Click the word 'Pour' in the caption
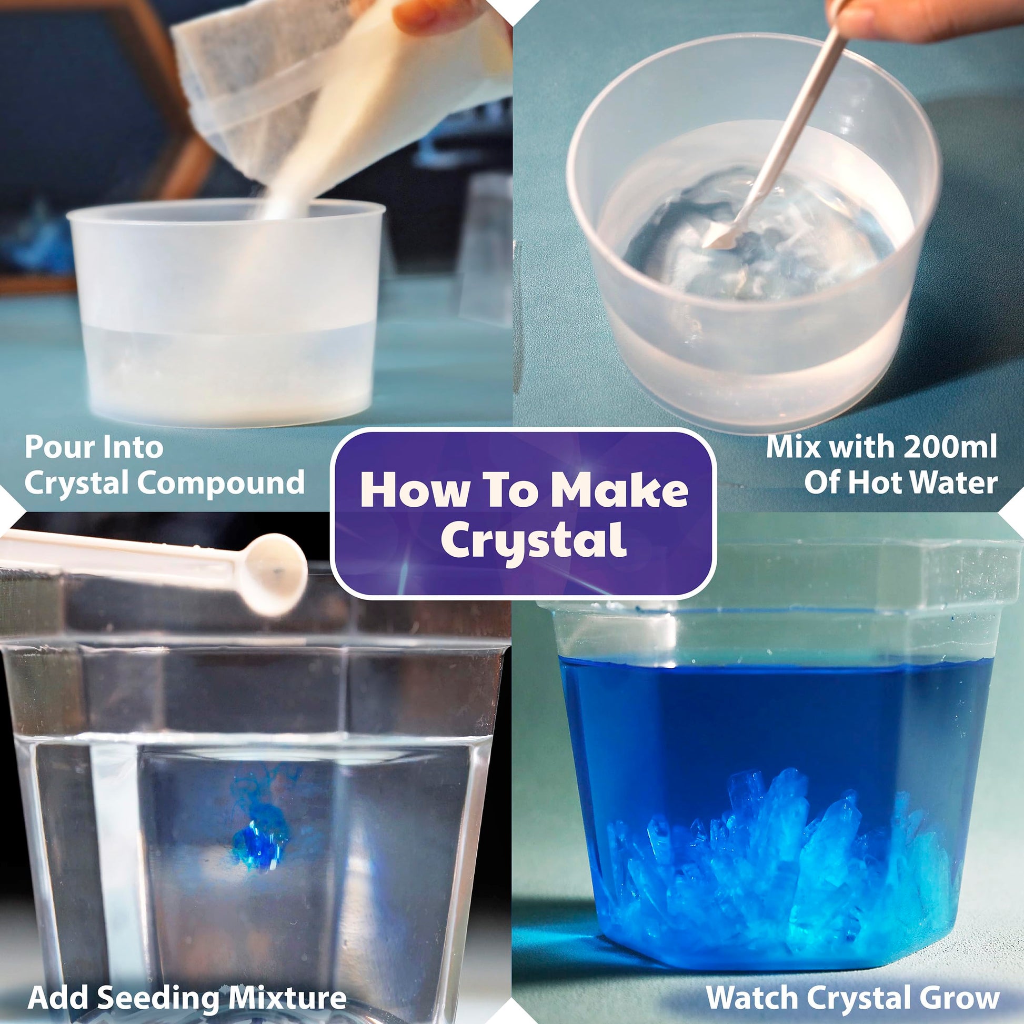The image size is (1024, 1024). [58, 447]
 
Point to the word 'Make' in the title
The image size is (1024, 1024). [619, 491]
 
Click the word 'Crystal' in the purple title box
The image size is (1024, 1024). [534, 540]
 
